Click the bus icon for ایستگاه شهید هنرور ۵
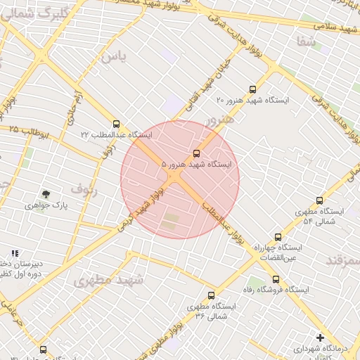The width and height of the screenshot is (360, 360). coord(196,153)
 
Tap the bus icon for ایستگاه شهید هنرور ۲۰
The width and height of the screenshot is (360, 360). coord(252,89)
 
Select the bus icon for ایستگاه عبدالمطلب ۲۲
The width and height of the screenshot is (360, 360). coord(116,124)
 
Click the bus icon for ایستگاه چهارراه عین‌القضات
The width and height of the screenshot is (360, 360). coord(278,237)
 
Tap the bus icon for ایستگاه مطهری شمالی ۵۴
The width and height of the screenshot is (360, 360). coord(320,200)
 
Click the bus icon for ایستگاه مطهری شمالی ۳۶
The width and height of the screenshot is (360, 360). coord(211,296)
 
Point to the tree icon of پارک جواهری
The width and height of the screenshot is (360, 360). coord(46,193)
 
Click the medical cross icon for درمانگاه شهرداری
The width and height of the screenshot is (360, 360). coord(320,337)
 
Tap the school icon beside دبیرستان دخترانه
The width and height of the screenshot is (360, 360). coord(15,252)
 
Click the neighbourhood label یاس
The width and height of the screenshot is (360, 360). coord(113,57)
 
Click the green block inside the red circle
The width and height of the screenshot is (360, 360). coord(171,224)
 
